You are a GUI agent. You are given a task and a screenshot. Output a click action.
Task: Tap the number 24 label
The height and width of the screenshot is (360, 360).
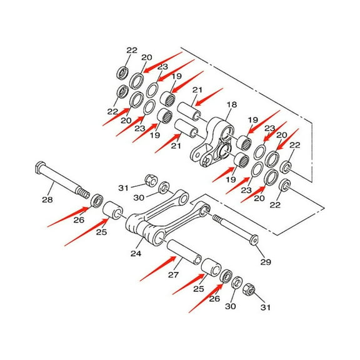[136, 254]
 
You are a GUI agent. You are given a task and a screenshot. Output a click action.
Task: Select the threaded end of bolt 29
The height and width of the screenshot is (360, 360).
[218, 219]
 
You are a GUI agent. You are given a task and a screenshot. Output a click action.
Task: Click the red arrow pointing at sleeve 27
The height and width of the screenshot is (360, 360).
[156, 269]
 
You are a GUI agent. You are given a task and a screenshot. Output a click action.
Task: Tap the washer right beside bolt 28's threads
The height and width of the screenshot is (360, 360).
[97, 201]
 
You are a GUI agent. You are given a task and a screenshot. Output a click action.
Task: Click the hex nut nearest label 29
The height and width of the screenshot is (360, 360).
[247, 290]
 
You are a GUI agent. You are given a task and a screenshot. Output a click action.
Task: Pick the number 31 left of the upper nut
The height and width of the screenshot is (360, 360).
[123, 186]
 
